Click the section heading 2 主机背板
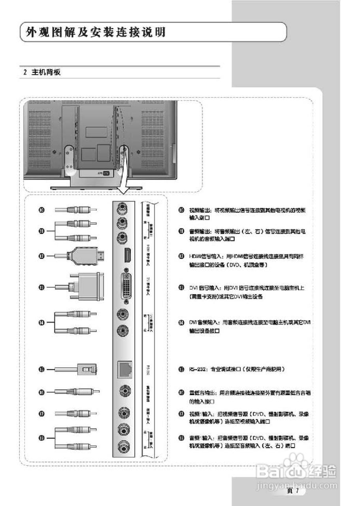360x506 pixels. pos(42,72)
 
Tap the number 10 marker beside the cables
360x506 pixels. pos(41,210)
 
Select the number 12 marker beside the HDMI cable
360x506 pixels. pos(41,256)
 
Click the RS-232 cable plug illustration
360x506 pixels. pos(85,369)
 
